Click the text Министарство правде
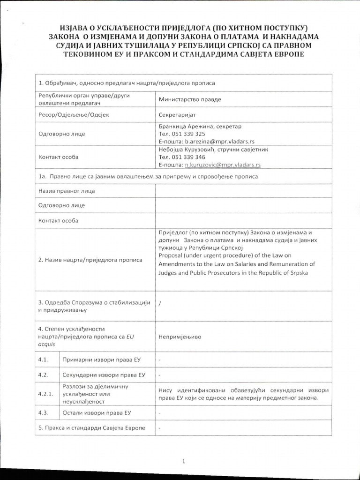(190, 99)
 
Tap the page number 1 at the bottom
(184, 462)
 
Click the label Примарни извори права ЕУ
(102, 360)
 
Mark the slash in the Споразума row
(160, 303)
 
